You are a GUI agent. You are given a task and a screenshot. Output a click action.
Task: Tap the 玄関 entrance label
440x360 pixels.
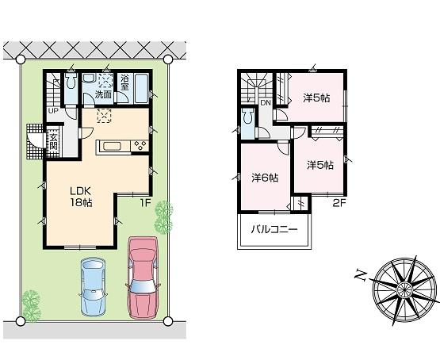click(x=53, y=143)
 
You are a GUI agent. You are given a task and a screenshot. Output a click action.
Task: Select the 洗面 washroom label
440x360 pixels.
click(x=103, y=94)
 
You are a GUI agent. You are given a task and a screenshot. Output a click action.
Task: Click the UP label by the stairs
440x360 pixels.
click(x=53, y=110)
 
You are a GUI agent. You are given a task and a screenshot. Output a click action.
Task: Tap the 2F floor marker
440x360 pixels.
click(x=339, y=201)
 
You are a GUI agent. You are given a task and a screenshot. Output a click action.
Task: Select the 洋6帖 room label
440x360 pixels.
click(x=265, y=178)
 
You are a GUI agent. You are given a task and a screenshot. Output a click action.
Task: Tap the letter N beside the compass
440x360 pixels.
click(x=360, y=275)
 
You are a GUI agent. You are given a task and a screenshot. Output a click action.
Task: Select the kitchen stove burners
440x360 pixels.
click(x=140, y=144)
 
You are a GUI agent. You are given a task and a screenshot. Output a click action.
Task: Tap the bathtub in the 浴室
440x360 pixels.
click(x=141, y=86)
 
